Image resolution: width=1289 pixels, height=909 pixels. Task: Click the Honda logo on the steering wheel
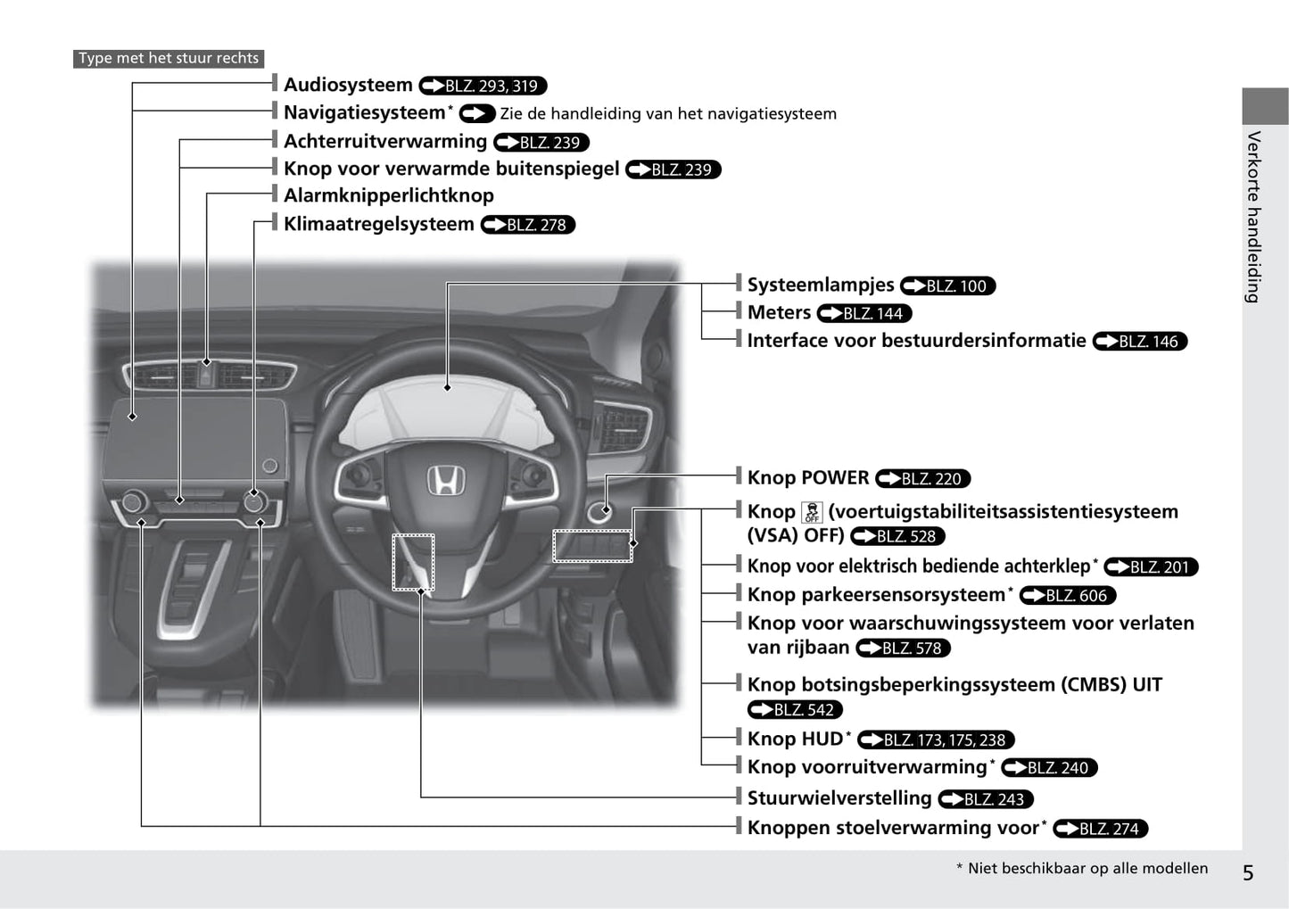[x=446, y=481]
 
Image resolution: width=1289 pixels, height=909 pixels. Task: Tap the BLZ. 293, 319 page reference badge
[x=483, y=86]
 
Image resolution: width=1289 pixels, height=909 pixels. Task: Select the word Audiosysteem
[x=348, y=85]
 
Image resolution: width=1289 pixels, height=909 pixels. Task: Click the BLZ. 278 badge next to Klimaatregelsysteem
[x=528, y=225]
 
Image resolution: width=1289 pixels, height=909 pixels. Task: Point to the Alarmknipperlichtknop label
[x=389, y=195]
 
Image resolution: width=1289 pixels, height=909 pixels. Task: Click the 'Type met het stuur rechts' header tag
[x=169, y=58]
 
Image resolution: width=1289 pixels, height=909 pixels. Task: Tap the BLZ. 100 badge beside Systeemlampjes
[x=947, y=286]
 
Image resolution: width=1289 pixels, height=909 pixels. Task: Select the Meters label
[x=779, y=312]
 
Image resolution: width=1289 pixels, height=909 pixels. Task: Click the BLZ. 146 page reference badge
[x=1140, y=341]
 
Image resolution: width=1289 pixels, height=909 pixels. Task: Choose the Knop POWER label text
[x=808, y=477]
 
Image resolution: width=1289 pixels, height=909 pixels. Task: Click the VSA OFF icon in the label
[x=812, y=511]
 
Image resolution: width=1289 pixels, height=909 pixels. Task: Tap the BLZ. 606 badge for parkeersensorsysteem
[x=1068, y=596]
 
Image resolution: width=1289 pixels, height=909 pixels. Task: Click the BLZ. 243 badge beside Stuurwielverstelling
[x=986, y=799]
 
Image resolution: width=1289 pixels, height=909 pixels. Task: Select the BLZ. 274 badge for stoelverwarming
[x=1100, y=829]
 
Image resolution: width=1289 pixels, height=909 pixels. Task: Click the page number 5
[x=1248, y=872]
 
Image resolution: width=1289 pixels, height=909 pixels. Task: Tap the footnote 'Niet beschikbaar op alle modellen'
[x=1087, y=868]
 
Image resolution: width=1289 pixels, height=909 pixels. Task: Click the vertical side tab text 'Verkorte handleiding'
[x=1254, y=217]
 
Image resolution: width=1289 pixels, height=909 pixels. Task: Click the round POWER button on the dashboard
[x=600, y=511]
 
